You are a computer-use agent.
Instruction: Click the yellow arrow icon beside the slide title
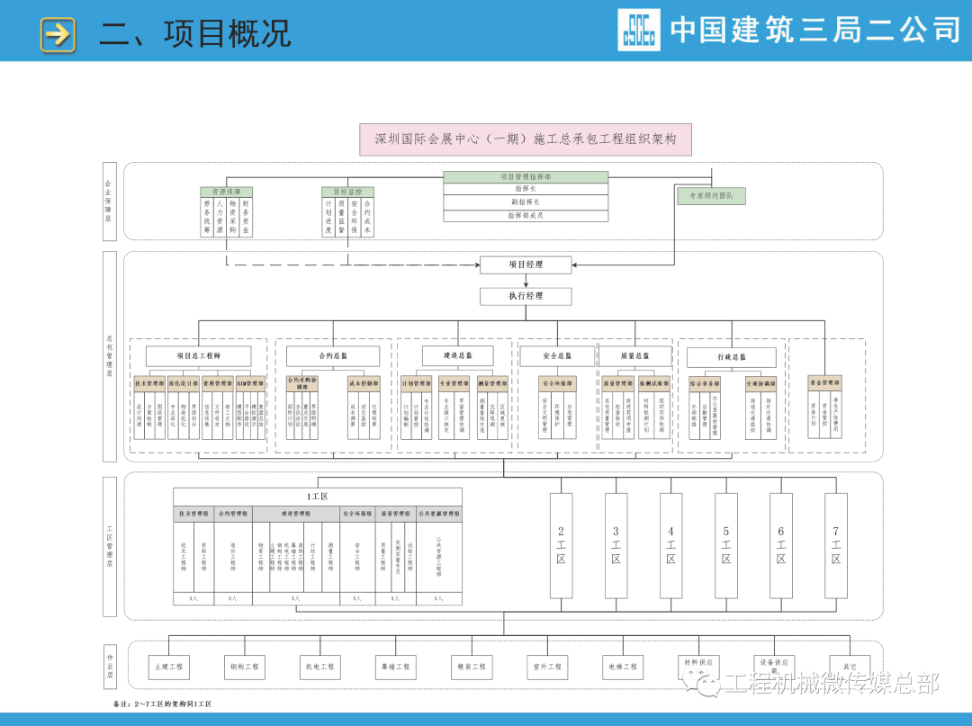click(x=58, y=34)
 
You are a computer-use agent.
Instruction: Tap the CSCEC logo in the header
click(x=638, y=30)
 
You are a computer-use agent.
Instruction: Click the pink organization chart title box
click(x=526, y=139)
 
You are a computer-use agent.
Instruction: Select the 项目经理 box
click(x=526, y=264)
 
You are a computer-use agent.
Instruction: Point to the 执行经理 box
click(x=526, y=295)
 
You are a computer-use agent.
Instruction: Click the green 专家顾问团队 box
click(x=711, y=195)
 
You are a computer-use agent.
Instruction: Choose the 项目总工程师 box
click(x=198, y=356)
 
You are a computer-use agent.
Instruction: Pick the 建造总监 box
click(x=457, y=356)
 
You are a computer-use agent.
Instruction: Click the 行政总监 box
click(x=731, y=357)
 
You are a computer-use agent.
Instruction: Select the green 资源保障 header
click(x=226, y=192)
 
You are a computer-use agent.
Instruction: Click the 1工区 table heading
click(x=317, y=497)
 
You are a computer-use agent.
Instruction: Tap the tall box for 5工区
click(x=725, y=545)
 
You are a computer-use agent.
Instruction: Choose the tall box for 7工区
click(x=835, y=545)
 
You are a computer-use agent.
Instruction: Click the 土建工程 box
click(x=168, y=667)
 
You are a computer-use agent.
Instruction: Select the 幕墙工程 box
click(x=394, y=667)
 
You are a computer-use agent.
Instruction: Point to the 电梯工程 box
click(x=620, y=667)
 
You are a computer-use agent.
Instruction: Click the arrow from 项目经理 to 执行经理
click(x=526, y=281)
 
